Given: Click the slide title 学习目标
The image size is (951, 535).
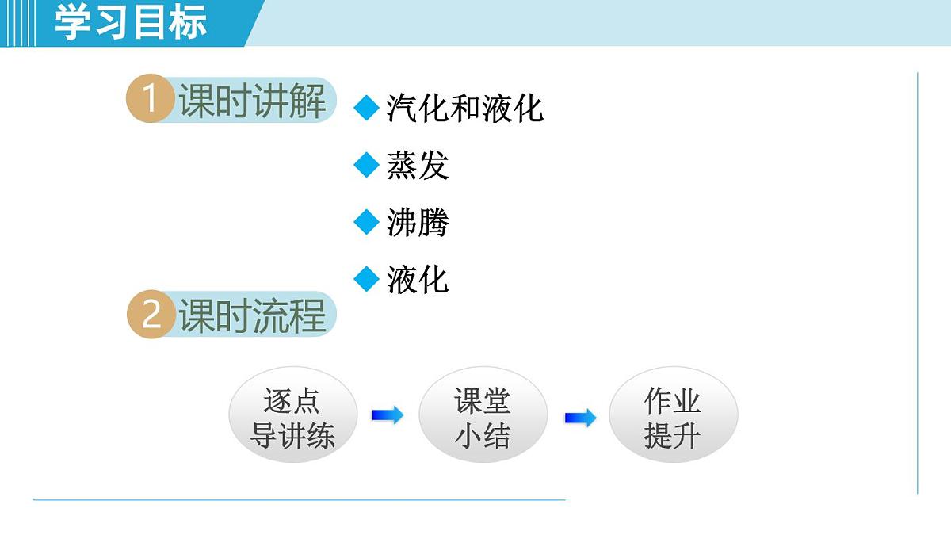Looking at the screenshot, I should [131, 22].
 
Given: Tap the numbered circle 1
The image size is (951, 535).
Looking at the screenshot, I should [150, 101].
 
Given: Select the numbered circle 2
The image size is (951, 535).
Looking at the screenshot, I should [151, 315].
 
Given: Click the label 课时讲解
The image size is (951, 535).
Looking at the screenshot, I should [252, 101].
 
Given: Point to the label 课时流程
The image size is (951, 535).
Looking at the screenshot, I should [252, 315].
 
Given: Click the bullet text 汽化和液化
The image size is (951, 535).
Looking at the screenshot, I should [464, 109].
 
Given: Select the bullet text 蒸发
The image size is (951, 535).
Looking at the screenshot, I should [418, 166].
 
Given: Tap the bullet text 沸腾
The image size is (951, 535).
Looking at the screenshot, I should [418, 223].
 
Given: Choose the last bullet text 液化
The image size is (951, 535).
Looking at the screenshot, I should [418, 280].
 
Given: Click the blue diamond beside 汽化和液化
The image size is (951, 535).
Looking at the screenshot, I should [366, 108].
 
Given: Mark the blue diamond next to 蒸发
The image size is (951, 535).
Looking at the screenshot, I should [366, 165].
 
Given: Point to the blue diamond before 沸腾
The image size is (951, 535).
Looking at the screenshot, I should [366, 222].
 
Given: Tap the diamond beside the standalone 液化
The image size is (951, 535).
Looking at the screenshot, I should [366, 279].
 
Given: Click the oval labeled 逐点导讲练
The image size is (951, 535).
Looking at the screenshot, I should [292, 418].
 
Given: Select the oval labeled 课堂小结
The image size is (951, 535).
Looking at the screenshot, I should [482, 418].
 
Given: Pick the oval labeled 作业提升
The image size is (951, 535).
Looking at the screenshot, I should [672, 418].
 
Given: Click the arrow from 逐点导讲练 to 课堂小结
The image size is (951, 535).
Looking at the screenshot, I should [388, 415].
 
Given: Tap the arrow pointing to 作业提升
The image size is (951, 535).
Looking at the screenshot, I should [580, 418].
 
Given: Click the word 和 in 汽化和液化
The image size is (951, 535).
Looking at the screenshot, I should [464, 109].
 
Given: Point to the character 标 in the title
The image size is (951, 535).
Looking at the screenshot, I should [188, 22].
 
